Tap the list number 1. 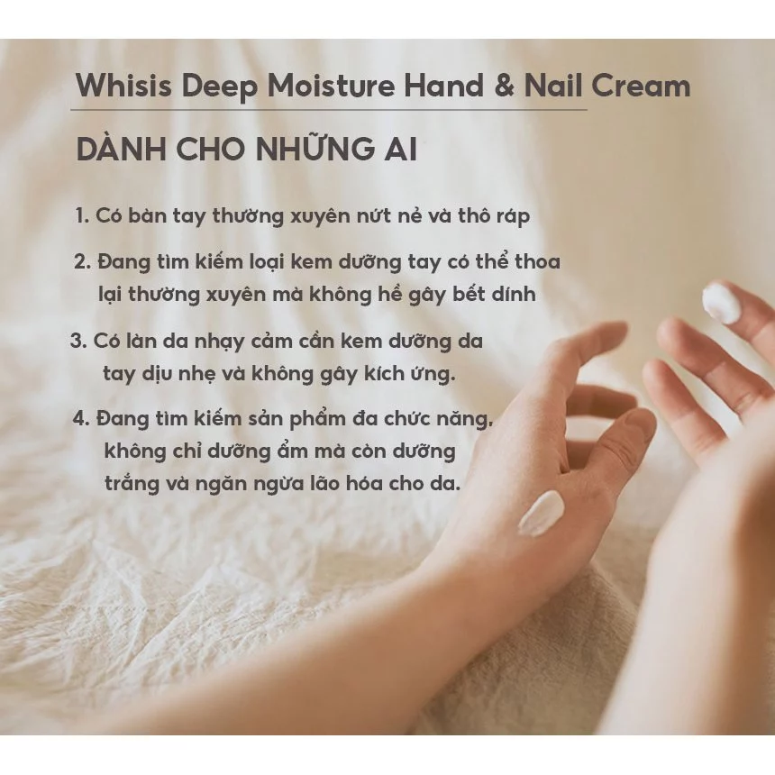81,216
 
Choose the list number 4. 80,419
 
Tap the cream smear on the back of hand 541,514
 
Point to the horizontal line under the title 329,110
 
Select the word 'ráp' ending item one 511,217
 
